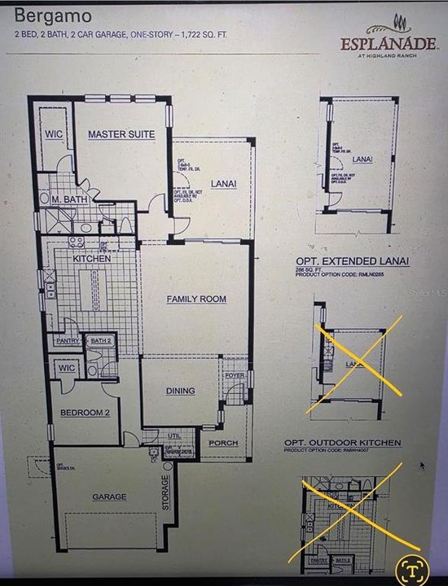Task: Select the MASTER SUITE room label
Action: coord(121,134)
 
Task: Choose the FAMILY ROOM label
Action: coord(196,300)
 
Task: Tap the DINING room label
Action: coord(180,391)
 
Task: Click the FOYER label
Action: coord(235,375)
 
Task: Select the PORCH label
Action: coord(223,443)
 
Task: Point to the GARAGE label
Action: coord(108,496)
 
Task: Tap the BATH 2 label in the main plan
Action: coord(100,341)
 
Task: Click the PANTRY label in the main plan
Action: coord(68,341)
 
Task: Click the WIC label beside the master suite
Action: coord(54,134)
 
